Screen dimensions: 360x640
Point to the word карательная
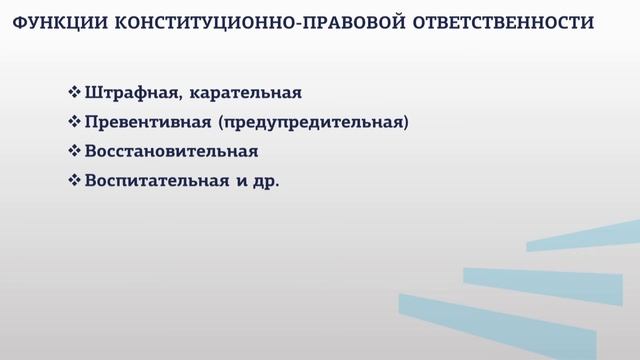(245, 93)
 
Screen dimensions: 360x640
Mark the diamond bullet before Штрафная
(74, 93)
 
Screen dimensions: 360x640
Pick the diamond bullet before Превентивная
(74, 123)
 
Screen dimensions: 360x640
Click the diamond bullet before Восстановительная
(74, 153)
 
